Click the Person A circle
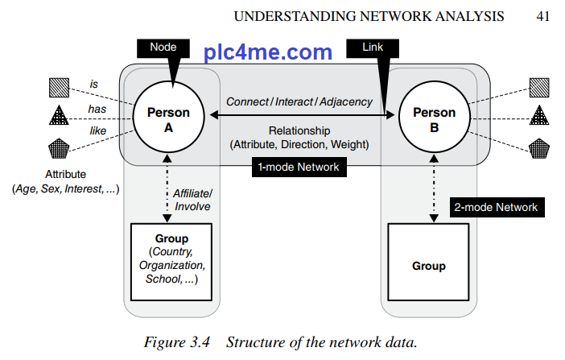tap(169, 118)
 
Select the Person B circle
tap(434, 118)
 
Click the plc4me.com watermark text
tap(268, 53)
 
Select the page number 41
tap(542, 15)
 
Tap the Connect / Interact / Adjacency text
tap(299, 101)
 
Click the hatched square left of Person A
tap(60, 86)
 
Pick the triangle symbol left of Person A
tap(60, 117)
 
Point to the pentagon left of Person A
tap(60, 148)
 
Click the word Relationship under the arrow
tap(299, 130)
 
